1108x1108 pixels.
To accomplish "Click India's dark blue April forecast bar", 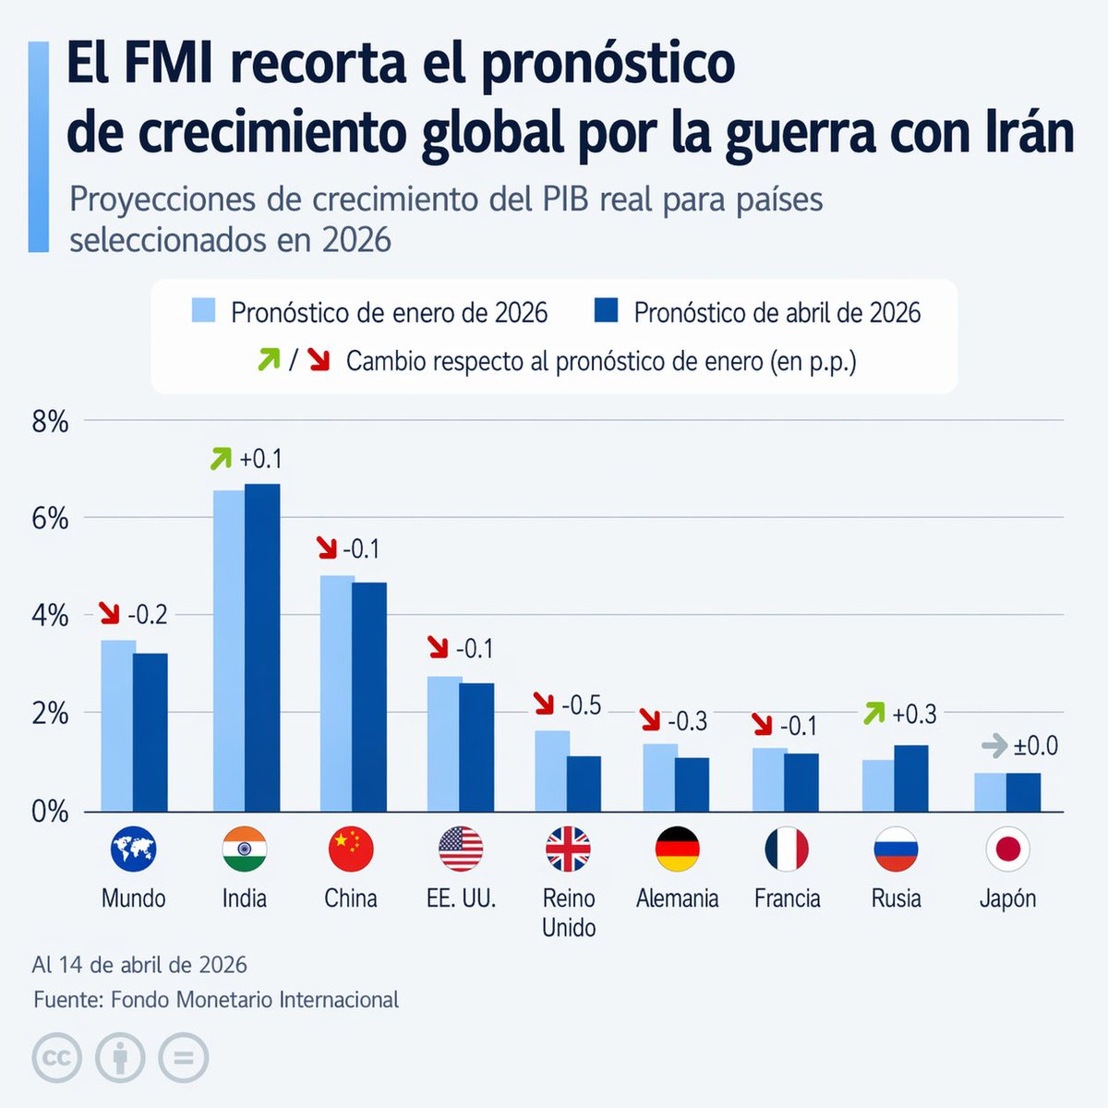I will coord(262,646).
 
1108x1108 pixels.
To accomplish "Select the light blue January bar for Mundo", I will coord(117,726).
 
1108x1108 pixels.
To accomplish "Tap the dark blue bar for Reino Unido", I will coord(584,784).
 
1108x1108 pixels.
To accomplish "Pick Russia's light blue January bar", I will coord(878,786).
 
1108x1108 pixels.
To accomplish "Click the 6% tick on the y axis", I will coord(50,519).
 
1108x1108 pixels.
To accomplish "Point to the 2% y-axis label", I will coord(50,714).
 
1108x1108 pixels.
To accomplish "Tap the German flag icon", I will coord(677,849).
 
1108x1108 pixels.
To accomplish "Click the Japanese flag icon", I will coord(1007,849).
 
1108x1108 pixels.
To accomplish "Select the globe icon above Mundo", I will coord(133,849).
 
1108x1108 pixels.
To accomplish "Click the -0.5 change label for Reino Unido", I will coord(582,705).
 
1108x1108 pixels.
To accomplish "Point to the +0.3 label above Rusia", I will coord(914,714).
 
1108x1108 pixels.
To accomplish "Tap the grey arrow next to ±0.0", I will coord(994,745).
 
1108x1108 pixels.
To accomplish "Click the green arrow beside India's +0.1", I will coord(221,458).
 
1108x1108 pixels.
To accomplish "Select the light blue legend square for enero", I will coord(203,310).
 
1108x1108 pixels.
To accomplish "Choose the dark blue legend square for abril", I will coord(606,310).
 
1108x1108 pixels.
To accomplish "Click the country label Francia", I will coord(787,898).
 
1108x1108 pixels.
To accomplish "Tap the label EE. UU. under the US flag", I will coord(461,898).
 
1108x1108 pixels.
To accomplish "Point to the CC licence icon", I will coord(56,1057).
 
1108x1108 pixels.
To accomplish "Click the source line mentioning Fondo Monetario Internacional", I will coord(216,999).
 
